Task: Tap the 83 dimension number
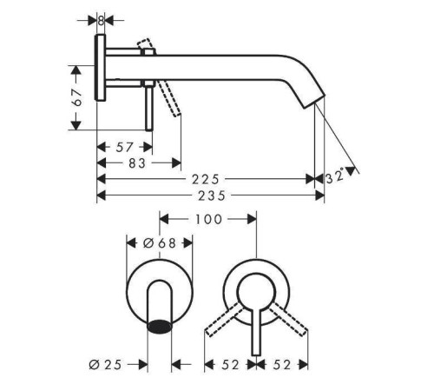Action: [137, 162]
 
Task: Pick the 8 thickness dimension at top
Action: [101, 19]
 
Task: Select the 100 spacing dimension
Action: [207, 220]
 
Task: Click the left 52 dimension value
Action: [228, 365]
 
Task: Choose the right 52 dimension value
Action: [282, 365]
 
